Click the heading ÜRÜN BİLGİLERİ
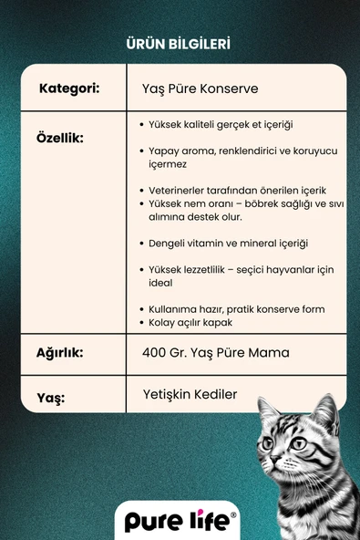point(180,42)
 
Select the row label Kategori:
point(69,89)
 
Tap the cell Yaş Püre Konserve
point(201,89)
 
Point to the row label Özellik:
point(60,138)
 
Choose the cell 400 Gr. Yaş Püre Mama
point(216,352)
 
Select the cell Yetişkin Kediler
point(190,394)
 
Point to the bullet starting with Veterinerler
point(237,191)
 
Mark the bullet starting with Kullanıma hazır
point(236,309)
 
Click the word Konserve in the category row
point(232,89)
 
